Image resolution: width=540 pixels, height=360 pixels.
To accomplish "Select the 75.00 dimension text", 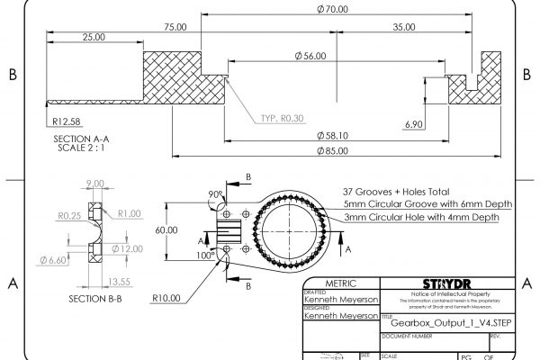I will [x=175, y=27].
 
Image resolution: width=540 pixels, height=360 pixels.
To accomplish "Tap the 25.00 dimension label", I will [x=92, y=38].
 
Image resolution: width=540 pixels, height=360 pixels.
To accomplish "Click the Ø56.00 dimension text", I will [x=310, y=57].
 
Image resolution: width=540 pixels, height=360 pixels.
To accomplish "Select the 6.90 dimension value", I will [x=415, y=123].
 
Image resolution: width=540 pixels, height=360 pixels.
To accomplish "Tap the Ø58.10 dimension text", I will [x=333, y=136].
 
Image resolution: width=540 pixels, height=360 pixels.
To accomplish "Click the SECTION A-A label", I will [x=80, y=139].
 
